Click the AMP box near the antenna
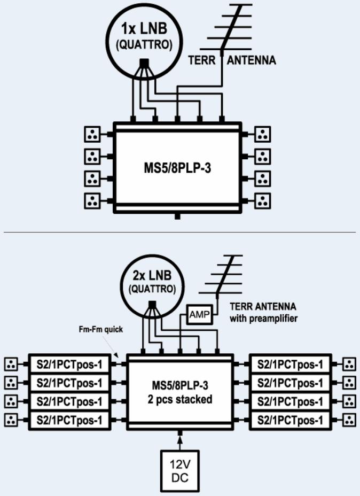[198, 315]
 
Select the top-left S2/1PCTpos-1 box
[68, 365]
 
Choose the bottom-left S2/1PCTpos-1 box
[68, 420]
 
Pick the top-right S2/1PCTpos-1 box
[290, 365]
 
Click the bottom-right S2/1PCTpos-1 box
[290, 420]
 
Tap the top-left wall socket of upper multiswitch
[92, 134]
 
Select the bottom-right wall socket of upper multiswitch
[262, 201]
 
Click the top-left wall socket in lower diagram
[11, 365]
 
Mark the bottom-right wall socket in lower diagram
[349, 420]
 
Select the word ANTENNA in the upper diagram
[252, 61]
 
